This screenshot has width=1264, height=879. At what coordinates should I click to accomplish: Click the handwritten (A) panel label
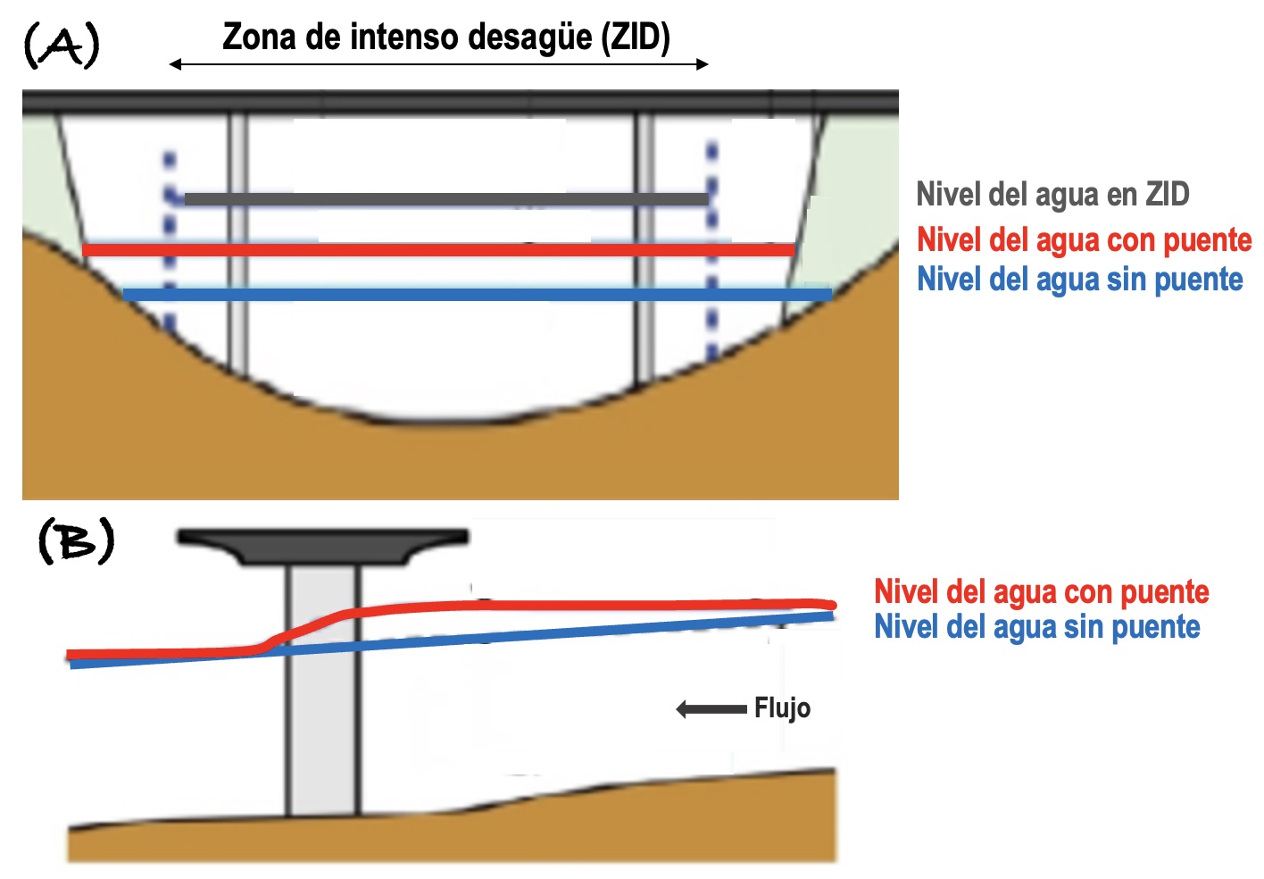pyautogui.click(x=61, y=46)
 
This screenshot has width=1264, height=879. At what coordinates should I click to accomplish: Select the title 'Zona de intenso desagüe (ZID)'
pyautogui.click(x=445, y=37)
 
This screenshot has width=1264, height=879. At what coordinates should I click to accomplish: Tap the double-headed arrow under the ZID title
pyautogui.click(x=438, y=64)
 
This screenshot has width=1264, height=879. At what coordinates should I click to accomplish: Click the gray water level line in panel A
pyautogui.click(x=446, y=199)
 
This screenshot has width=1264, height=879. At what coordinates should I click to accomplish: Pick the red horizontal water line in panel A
pyautogui.click(x=437, y=250)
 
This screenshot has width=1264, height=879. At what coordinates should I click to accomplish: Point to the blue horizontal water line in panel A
pyautogui.click(x=478, y=294)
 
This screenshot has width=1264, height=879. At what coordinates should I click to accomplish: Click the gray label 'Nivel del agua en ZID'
pyautogui.click(x=1052, y=194)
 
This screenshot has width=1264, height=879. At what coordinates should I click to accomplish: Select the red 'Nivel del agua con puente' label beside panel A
pyautogui.click(x=1084, y=239)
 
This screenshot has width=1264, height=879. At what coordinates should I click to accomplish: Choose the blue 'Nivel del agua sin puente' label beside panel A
pyautogui.click(x=1079, y=279)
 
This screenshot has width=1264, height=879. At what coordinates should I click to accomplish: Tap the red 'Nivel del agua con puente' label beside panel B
pyautogui.click(x=1041, y=591)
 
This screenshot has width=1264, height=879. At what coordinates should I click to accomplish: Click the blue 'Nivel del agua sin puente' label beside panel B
pyautogui.click(x=1036, y=626)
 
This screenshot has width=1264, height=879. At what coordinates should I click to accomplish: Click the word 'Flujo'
pyautogui.click(x=782, y=708)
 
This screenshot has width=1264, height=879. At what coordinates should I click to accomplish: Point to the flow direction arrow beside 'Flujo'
pyautogui.click(x=711, y=709)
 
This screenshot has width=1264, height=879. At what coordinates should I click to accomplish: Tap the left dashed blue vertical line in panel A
pyautogui.click(x=169, y=241)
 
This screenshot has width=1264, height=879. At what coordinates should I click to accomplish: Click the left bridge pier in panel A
pyautogui.click(x=237, y=241)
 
